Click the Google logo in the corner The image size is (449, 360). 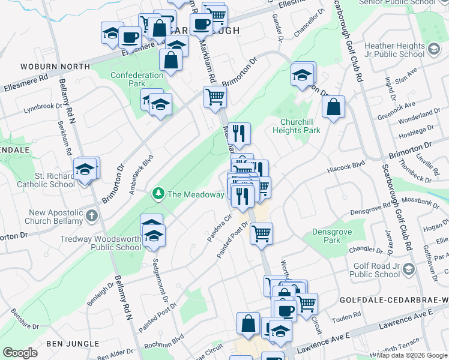(x=20, y=353)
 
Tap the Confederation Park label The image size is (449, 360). (x=137, y=79)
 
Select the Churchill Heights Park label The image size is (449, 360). (x=296, y=125)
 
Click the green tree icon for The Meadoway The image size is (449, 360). (x=158, y=194)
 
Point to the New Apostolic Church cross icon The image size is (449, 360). (x=91, y=215)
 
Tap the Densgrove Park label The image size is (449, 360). (x=326, y=236)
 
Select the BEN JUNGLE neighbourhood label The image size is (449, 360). (x=73, y=343)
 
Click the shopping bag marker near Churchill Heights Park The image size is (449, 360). (x=333, y=108)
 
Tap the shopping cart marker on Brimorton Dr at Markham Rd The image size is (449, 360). (x=215, y=97)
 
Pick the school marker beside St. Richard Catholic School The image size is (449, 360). (x=85, y=170)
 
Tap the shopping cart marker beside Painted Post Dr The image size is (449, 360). (x=261, y=233)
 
